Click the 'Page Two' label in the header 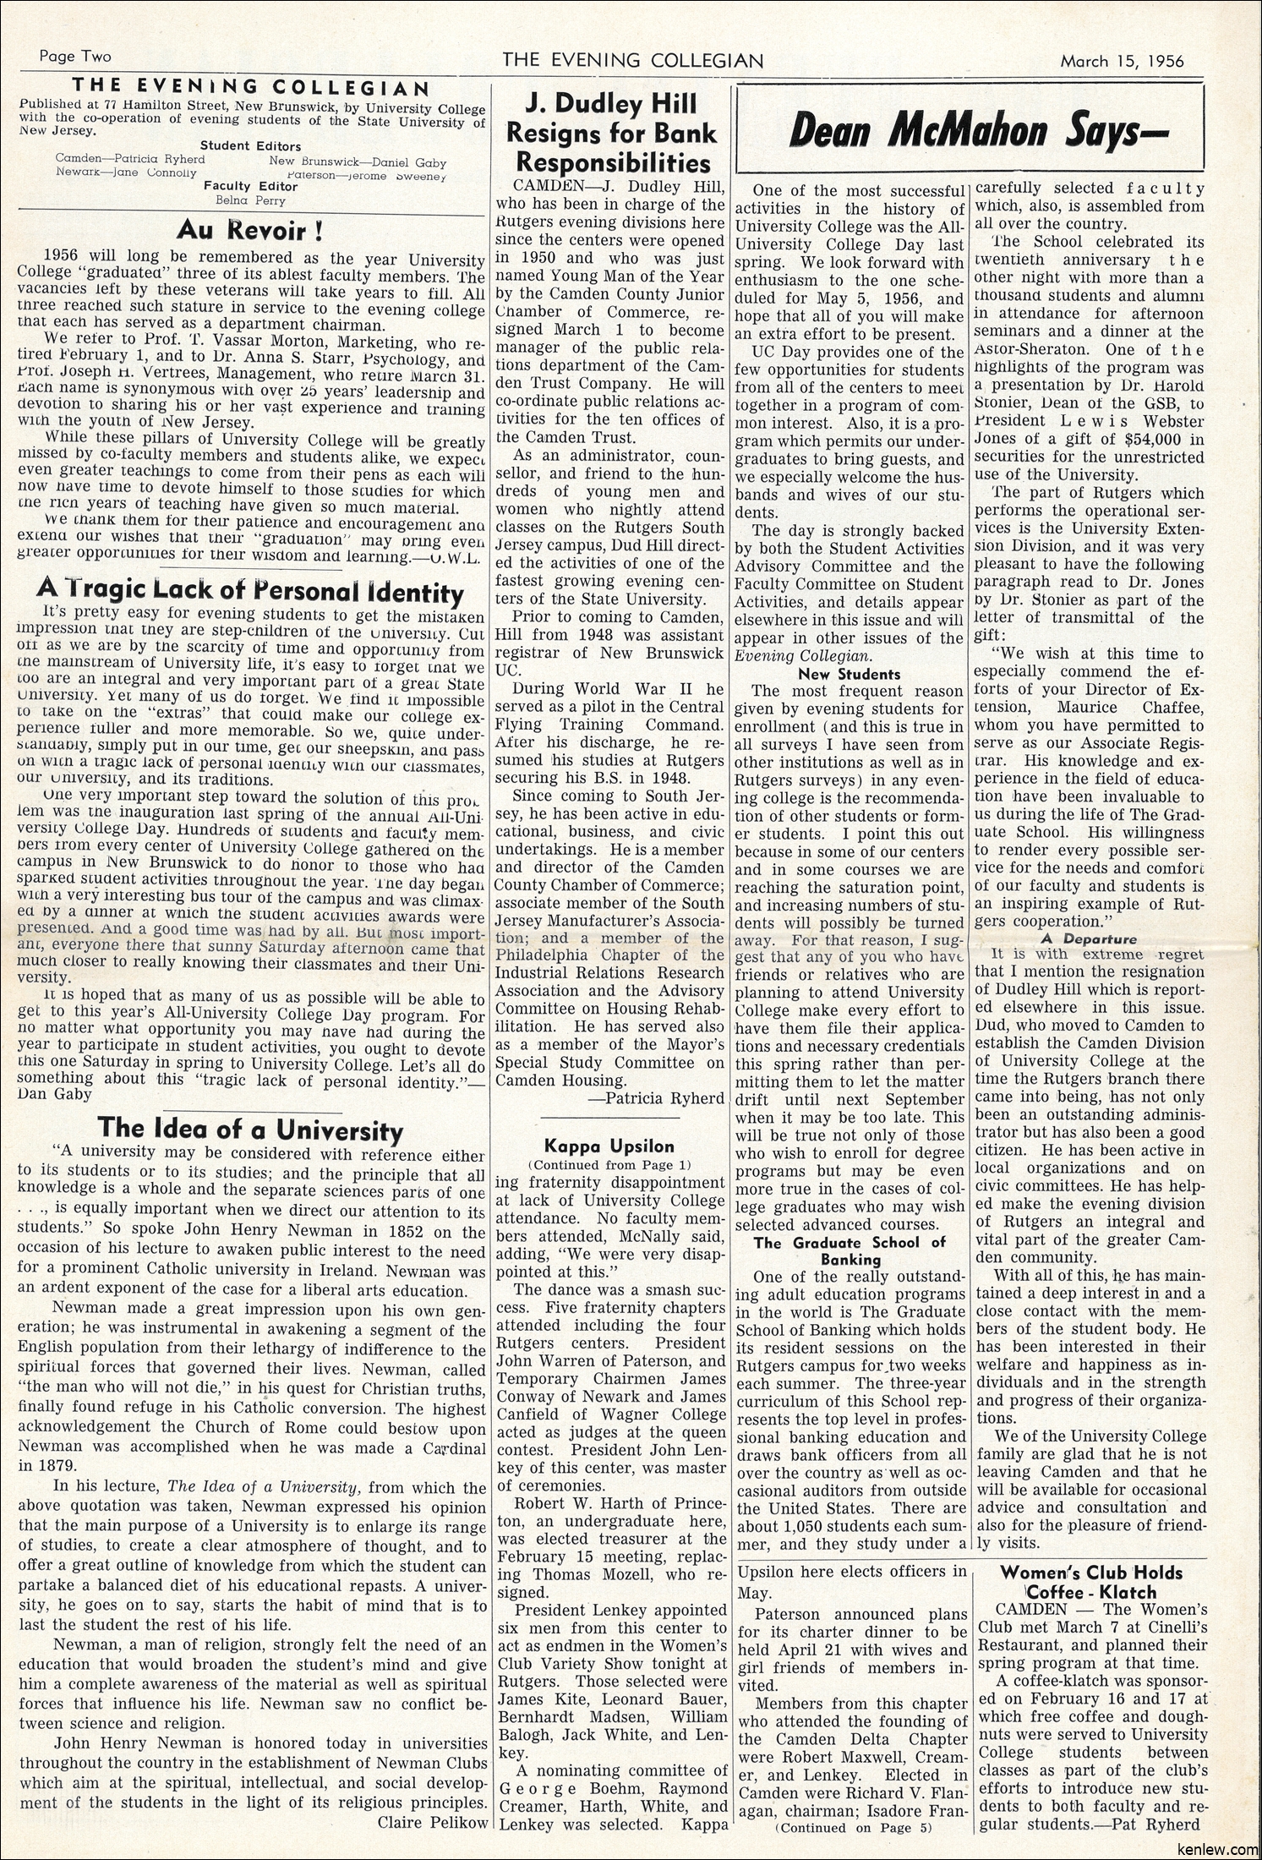75,57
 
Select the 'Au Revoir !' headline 251,230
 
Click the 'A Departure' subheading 1089,938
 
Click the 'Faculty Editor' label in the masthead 251,185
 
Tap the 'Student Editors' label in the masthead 251,145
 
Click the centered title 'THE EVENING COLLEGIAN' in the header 633,61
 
